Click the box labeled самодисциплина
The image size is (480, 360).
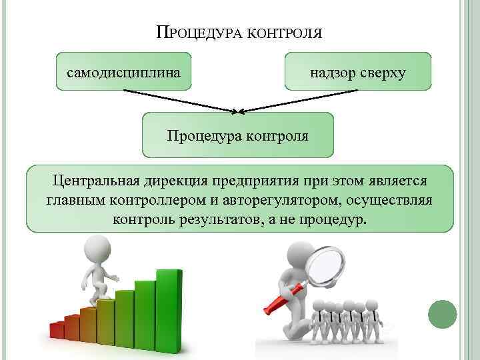click(x=123, y=71)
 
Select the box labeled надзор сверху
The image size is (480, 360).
click(x=357, y=71)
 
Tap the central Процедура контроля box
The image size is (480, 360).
click(x=237, y=136)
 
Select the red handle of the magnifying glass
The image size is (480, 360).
click(x=284, y=299)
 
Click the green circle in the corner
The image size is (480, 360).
click(x=442, y=314)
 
